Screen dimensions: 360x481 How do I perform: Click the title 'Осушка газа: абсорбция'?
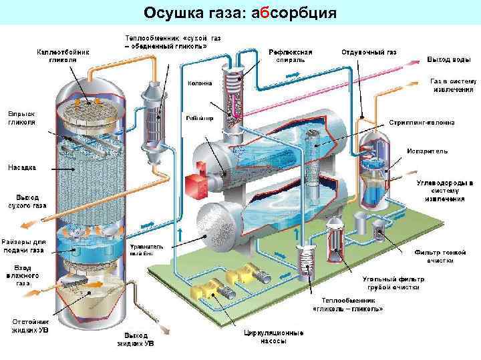(x=240, y=13)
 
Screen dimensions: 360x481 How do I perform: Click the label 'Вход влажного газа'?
(x=23, y=275)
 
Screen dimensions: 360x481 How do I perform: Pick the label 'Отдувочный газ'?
(x=369, y=51)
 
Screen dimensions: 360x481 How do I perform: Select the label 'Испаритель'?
(x=427, y=151)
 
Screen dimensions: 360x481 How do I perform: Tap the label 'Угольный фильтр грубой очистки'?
(x=391, y=282)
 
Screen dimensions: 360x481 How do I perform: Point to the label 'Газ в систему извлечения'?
(x=452, y=85)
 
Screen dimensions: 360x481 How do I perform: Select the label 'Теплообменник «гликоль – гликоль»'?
(x=347, y=305)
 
